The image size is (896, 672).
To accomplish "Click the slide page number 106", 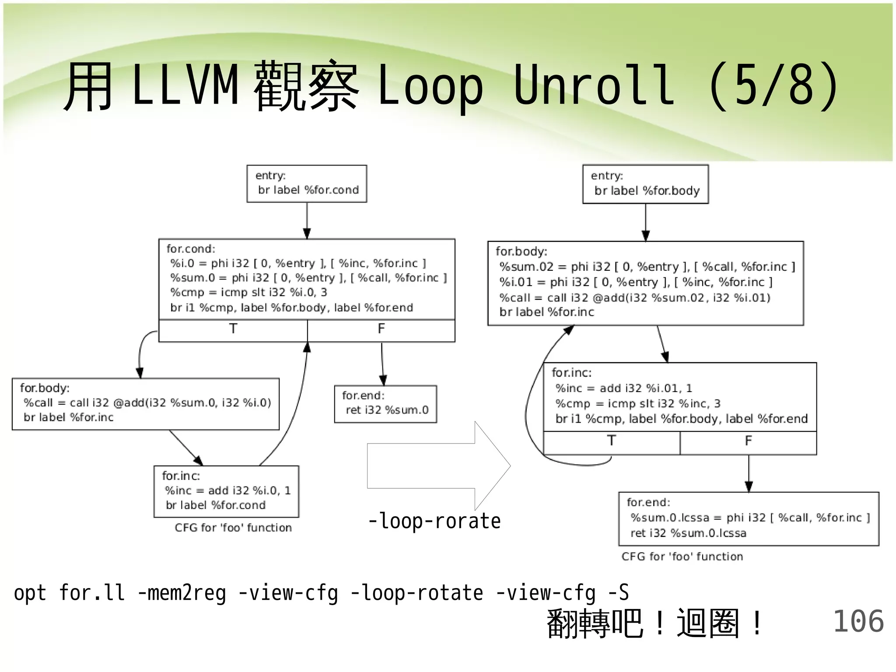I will [858, 622].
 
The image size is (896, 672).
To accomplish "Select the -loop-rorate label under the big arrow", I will [434, 521].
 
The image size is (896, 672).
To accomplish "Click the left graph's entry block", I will [307, 184].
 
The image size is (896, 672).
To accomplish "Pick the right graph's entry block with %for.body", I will [645, 184].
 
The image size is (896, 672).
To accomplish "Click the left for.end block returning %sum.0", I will [385, 404].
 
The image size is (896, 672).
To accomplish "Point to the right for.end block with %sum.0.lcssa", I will [749, 519].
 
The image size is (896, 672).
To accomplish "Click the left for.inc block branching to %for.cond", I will [226, 491].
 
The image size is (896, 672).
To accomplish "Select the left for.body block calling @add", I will [146, 404].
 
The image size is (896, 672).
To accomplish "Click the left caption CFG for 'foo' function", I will [233, 528].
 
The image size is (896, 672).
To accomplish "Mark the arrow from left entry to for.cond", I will [307, 220].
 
